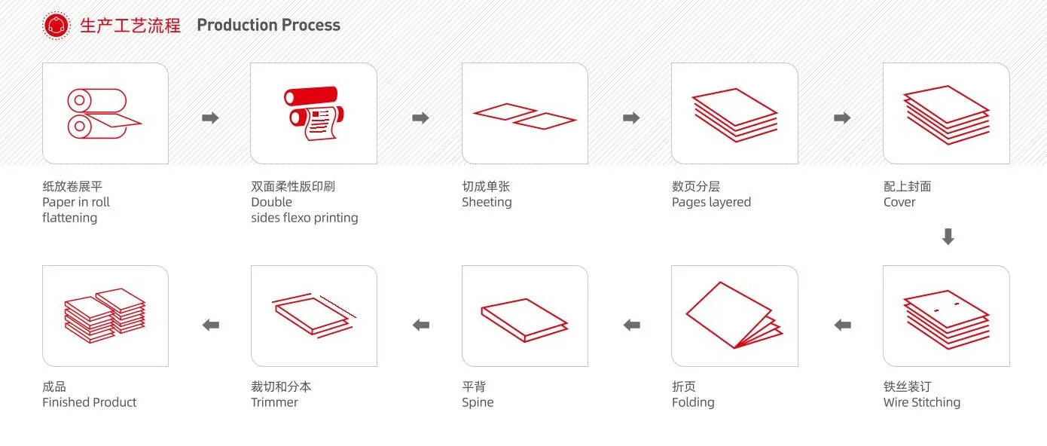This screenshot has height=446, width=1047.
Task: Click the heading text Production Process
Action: [x=268, y=26]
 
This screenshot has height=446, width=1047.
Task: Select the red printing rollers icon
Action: [x=313, y=114]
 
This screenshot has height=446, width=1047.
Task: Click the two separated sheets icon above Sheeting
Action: [x=524, y=115]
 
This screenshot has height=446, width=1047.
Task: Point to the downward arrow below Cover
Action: [x=948, y=237]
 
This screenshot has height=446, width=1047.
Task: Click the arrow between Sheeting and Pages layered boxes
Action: [x=631, y=118]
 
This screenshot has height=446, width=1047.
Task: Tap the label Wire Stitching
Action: [x=921, y=402]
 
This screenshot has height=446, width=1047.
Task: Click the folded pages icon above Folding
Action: [x=734, y=316]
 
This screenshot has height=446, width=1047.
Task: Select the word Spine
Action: [x=478, y=402]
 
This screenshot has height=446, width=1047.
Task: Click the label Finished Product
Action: [x=89, y=402]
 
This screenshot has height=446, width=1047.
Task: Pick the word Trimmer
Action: [x=274, y=402]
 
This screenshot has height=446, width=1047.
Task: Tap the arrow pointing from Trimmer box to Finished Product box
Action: [x=211, y=325]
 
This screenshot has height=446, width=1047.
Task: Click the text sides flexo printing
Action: [x=304, y=218]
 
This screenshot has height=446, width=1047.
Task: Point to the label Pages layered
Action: [x=711, y=202]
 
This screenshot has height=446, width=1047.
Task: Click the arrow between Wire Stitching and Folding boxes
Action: [x=842, y=325]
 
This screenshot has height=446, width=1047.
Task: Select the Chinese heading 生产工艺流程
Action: [x=130, y=26]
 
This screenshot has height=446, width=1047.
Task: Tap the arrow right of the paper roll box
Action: [x=211, y=118]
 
